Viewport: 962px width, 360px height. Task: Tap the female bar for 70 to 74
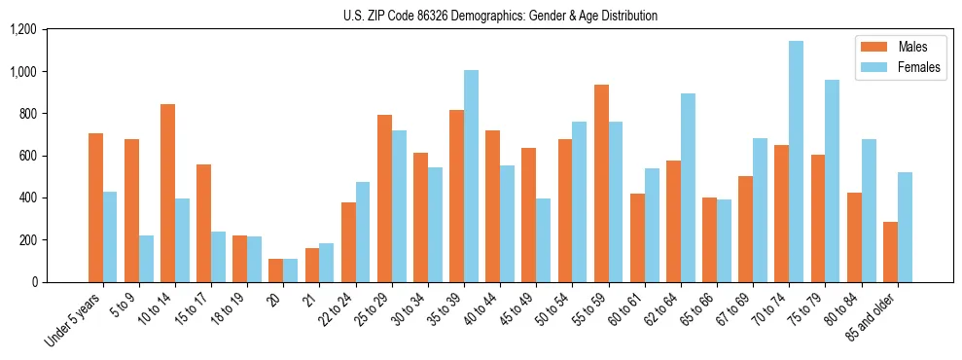pos(796,162)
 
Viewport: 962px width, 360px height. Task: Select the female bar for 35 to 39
pos(471,176)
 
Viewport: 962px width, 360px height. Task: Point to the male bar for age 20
pos(275,270)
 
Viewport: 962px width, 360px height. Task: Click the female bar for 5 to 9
pos(146,259)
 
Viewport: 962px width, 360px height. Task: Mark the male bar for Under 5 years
pos(95,207)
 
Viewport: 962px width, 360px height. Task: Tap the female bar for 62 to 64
pos(688,188)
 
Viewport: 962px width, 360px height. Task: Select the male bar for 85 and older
pos(890,252)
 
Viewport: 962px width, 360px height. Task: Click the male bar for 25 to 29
pos(384,198)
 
